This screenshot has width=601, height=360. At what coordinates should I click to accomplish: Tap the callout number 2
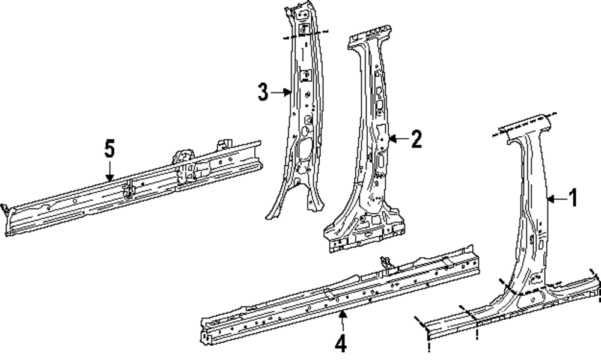[416, 139]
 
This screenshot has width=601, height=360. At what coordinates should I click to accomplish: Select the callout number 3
[263, 93]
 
